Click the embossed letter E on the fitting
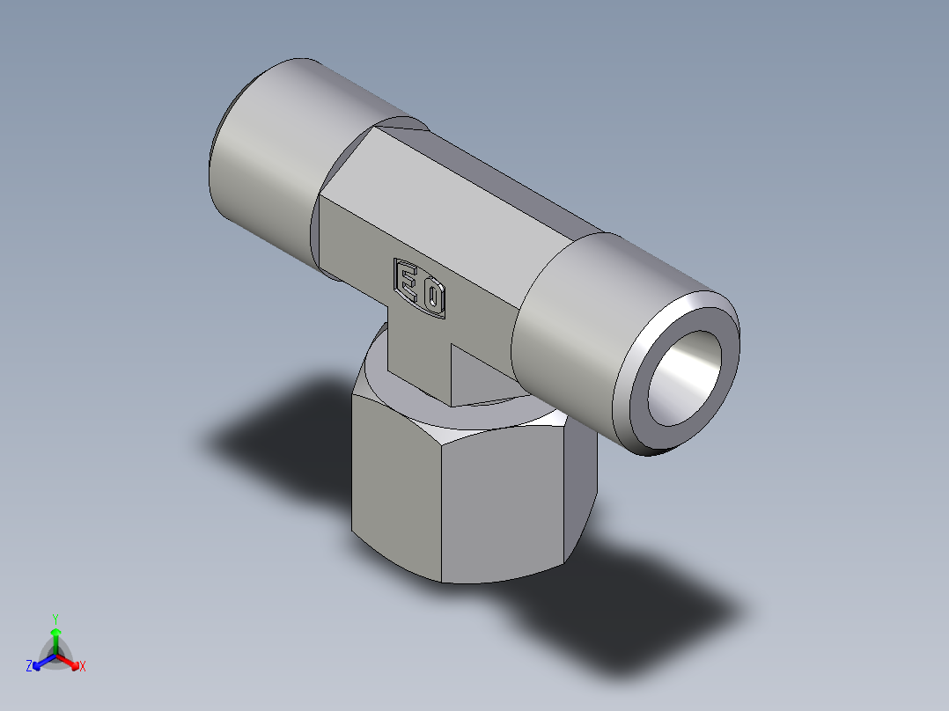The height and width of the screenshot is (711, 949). pyautogui.click(x=408, y=282)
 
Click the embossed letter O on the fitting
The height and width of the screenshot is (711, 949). pyautogui.click(x=433, y=298)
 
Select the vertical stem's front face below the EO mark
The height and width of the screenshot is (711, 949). pyautogui.click(x=419, y=352)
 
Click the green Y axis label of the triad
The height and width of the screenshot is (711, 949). pyautogui.click(x=55, y=618)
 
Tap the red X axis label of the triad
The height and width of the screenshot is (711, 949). pyautogui.click(x=83, y=667)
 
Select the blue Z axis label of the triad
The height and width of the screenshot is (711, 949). pyautogui.click(x=29, y=666)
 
